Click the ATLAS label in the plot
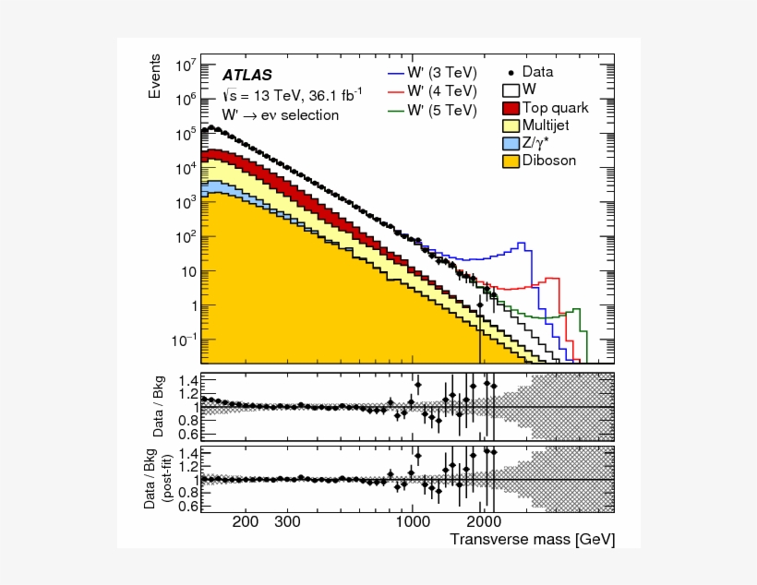246,75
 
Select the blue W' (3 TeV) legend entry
432,71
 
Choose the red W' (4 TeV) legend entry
432,90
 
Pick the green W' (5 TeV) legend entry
432,110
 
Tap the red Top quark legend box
510,108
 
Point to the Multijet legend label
552,125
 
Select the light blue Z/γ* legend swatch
510,143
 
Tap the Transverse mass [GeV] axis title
532,539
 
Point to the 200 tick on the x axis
246,522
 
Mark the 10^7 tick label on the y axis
184,66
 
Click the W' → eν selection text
280,115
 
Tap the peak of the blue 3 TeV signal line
523,245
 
